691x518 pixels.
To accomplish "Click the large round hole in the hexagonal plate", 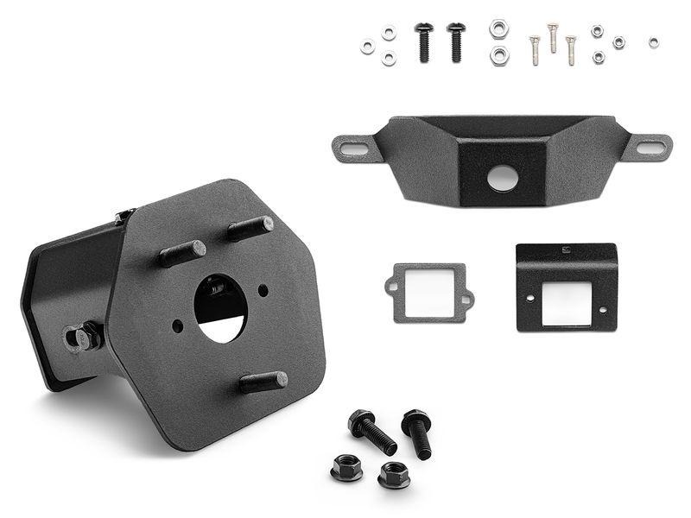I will pyautogui.click(x=219, y=307).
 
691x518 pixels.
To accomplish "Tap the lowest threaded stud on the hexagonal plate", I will pyautogui.click(x=263, y=382).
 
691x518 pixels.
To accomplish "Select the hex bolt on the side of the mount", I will pyautogui.click(x=83, y=336).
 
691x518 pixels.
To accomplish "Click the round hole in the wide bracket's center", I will pyautogui.click(x=502, y=179).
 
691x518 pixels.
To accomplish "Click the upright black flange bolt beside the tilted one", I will pyautogui.click(x=417, y=432).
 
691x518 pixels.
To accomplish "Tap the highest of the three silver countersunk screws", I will pyautogui.click(x=553, y=36).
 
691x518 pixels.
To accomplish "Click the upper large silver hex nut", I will pyautogui.click(x=498, y=28).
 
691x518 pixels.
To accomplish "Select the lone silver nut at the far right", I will pyautogui.click(x=653, y=42).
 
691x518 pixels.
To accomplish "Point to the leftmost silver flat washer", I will pyautogui.click(x=368, y=47).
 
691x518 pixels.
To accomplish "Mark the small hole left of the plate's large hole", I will pyautogui.click(x=177, y=325).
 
